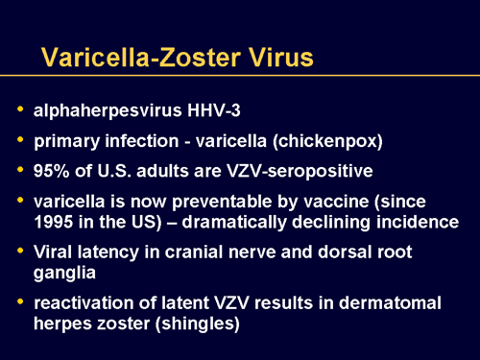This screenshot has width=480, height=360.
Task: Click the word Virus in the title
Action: click(x=276, y=58)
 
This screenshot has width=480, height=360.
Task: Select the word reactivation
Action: click(x=82, y=303)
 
